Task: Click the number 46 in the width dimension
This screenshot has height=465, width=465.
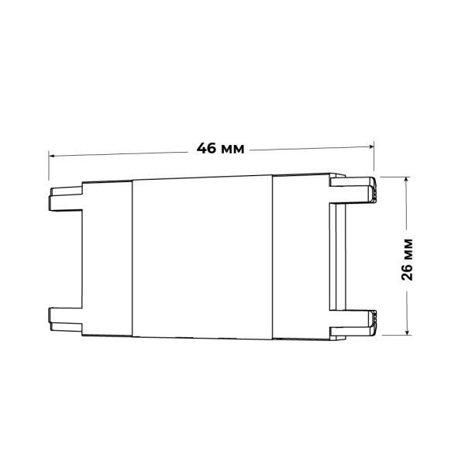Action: coord(206,148)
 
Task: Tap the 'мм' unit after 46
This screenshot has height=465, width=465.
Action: coord(233,150)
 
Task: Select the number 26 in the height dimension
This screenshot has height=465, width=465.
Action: coord(407,271)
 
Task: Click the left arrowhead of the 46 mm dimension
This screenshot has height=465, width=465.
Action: coord(52,156)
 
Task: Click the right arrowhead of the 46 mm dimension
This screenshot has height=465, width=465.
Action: coord(370,146)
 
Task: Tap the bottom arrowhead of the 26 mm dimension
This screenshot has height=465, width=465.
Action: coord(408,332)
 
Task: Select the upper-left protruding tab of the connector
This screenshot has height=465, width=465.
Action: coord(65,198)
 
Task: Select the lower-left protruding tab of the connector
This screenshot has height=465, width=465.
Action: coord(65,319)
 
